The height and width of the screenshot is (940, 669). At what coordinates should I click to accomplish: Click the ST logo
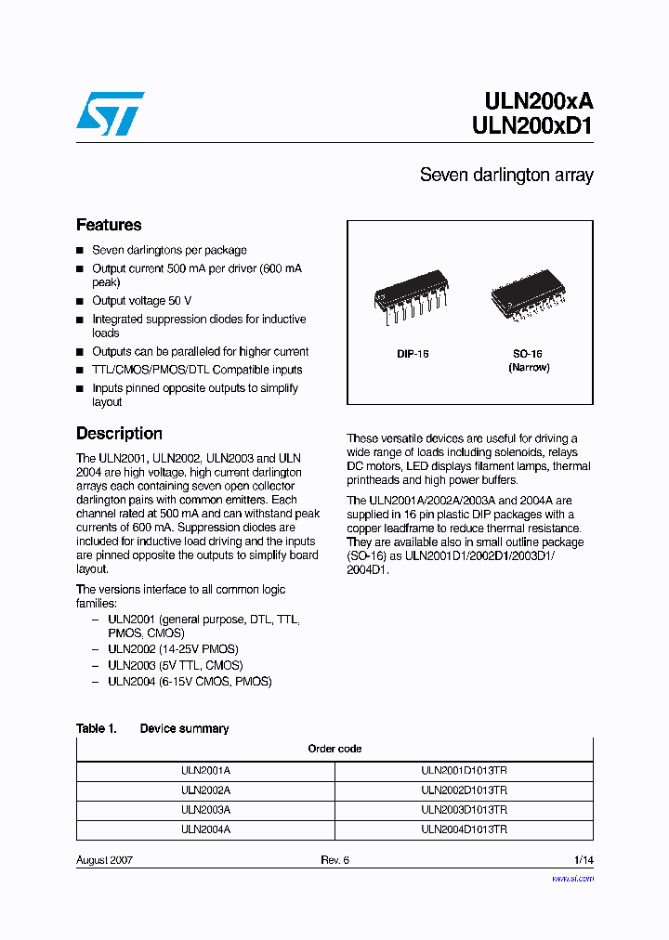[111, 113]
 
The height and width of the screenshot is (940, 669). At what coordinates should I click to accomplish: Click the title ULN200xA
[539, 102]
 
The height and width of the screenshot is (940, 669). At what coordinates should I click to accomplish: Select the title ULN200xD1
[539, 129]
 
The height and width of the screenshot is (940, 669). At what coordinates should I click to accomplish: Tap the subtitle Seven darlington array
[506, 176]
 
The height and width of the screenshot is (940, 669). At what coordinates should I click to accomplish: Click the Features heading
[109, 225]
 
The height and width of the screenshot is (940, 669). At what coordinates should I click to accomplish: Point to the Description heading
[119, 434]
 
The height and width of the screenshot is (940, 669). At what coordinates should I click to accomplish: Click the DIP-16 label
[413, 354]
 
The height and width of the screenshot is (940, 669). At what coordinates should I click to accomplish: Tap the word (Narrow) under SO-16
[528, 367]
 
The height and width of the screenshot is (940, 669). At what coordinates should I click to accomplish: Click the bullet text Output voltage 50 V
[141, 301]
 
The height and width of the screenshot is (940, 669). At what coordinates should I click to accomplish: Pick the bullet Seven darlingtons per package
[169, 250]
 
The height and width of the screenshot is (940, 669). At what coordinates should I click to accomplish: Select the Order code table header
[334, 749]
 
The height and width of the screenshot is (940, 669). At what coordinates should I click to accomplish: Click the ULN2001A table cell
[205, 770]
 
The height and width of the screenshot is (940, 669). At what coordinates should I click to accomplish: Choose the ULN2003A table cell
[205, 809]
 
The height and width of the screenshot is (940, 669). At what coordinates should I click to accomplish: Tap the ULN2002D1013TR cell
[464, 790]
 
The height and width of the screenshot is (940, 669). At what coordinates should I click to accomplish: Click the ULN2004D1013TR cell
[464, 829]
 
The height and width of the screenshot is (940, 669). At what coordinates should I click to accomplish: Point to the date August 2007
[104, 860]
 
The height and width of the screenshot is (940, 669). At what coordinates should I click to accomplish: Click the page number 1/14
[583, 860]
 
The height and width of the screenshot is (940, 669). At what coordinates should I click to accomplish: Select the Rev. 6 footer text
[334, 860]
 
